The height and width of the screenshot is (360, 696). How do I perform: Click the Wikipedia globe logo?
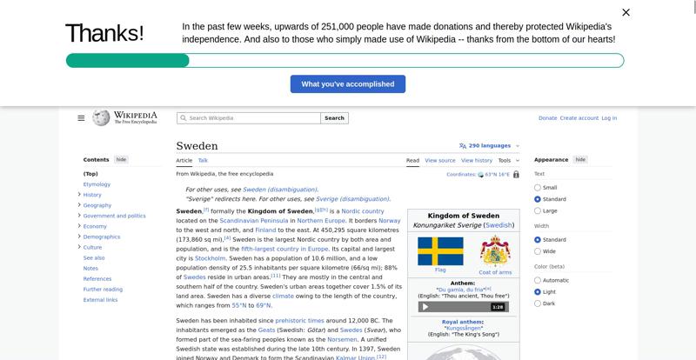pos(101,117)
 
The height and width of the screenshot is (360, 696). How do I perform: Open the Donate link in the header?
pos(547,118)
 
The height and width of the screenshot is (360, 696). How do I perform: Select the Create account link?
pos(579,118)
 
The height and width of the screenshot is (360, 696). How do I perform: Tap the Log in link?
pos(609,118)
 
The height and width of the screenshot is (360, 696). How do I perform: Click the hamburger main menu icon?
pos(81,118)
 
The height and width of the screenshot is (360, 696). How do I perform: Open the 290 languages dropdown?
pos(489,146)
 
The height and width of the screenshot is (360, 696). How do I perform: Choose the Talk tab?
pos(203,160)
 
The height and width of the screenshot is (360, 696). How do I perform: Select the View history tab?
pos(476,160)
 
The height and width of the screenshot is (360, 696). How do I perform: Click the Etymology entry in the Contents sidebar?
pos(97,184)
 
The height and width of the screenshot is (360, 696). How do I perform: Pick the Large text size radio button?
pos(538,210)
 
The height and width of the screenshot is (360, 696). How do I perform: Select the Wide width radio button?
pos(538,251)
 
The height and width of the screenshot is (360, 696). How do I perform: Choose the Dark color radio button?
pos(538,303)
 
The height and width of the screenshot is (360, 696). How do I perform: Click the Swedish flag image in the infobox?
pos(440,251)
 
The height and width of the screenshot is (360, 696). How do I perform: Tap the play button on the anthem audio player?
pos(425,307)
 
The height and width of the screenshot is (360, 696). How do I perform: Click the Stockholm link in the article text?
pos(211,258)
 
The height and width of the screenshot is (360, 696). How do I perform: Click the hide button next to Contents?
pos(122,160)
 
